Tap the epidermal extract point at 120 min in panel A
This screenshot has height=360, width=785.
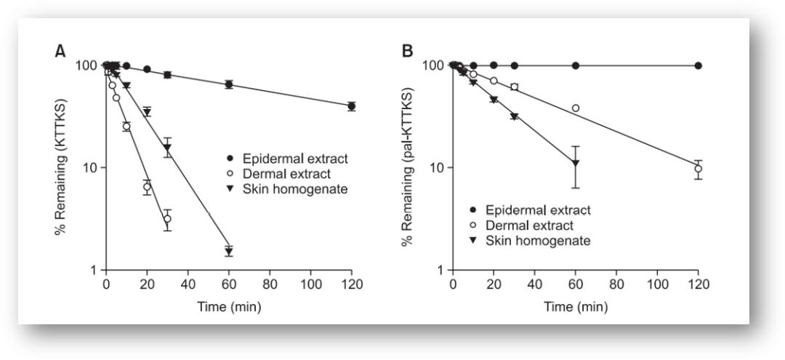click(x=352, y=106)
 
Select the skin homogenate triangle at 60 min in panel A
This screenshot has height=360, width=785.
click(x=229, y=251)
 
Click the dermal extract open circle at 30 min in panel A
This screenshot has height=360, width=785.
click(x=167, y=219)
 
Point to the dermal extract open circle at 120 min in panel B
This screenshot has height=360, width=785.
click(x=699, y=169)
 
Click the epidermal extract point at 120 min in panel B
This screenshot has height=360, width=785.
click(x=699, y=65)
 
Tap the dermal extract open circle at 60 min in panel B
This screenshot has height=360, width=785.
click(x=576, y=108)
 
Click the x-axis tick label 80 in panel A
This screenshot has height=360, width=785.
click(x=270, y=284)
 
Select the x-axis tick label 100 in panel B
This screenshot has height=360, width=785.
click(x=657, y=284)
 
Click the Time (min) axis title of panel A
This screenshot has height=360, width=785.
click(x=229, y=306)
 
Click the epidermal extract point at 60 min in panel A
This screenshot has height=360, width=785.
click(x=229, y=84)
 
